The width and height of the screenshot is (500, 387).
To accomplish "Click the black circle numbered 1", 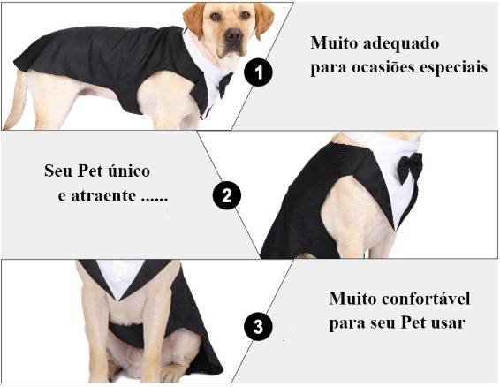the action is click(258, 72).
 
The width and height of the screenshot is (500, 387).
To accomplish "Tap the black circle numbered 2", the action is click(227, 195).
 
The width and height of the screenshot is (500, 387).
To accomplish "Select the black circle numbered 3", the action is click(258, 326).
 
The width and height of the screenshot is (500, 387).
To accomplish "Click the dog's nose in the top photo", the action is click(234, 34).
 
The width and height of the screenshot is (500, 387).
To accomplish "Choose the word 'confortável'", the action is click(426, 299).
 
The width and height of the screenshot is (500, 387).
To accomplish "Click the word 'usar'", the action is click(448, 323).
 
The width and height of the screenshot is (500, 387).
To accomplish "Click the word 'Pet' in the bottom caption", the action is click(413, 322).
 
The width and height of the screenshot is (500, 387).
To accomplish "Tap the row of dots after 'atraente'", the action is click(155, 200).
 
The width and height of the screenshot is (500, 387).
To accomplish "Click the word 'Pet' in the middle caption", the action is click(90, 171).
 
